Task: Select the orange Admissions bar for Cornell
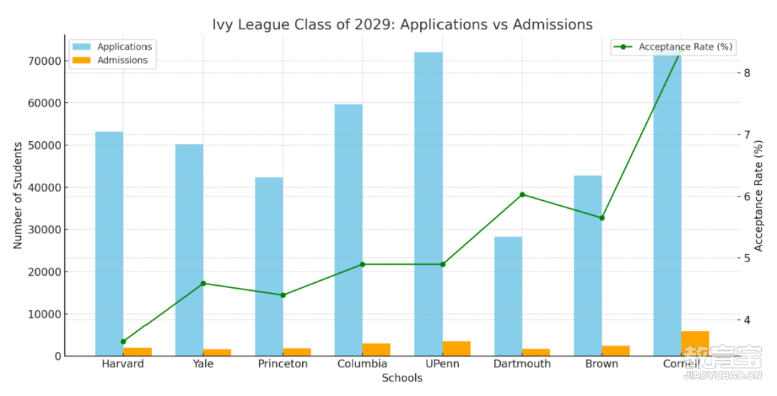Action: click(x=695, y=343)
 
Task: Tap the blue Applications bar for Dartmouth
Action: click(x=508, y=296)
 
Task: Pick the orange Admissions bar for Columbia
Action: click(x=376, y=349)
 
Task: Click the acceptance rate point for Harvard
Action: click(x=123, y=342)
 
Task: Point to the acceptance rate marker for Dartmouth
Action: click(x=522, y=194)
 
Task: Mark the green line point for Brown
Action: click(x=602, y=217)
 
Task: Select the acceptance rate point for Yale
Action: click(x=203, y=283)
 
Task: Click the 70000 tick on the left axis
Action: click(x=42, y=61)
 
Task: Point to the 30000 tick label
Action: click(x=42, y=230)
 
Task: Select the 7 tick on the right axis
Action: click(x=748, y=135)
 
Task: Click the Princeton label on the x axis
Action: click(x=283, y=364)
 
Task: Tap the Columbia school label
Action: click(x=362, y=364)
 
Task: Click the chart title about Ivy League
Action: click(x=402, y=24)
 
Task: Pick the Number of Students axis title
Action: click(x=18, y=194)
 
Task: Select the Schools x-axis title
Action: click(x=402, y=378)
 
